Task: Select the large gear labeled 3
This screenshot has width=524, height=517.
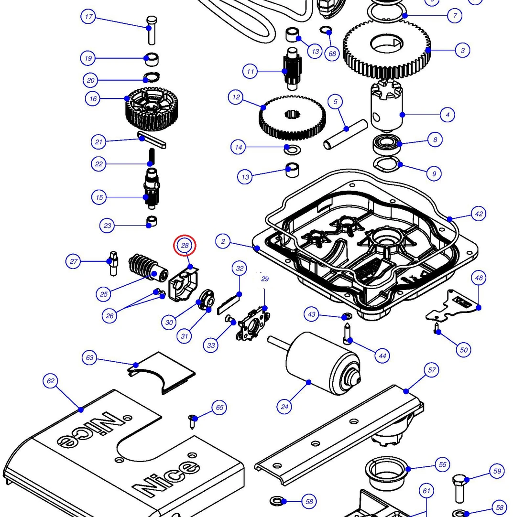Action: coord(386,46)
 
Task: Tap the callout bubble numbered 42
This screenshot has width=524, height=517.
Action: coord(479,214)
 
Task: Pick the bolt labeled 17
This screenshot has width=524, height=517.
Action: coord(150,28)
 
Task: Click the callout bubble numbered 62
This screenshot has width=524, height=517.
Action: coord(50,381)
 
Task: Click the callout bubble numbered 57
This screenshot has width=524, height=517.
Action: coord(432,370)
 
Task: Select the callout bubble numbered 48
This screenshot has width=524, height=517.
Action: coord(479,278)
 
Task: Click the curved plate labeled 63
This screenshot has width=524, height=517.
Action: coord(162,373)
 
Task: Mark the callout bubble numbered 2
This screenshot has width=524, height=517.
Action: coord(223,241)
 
